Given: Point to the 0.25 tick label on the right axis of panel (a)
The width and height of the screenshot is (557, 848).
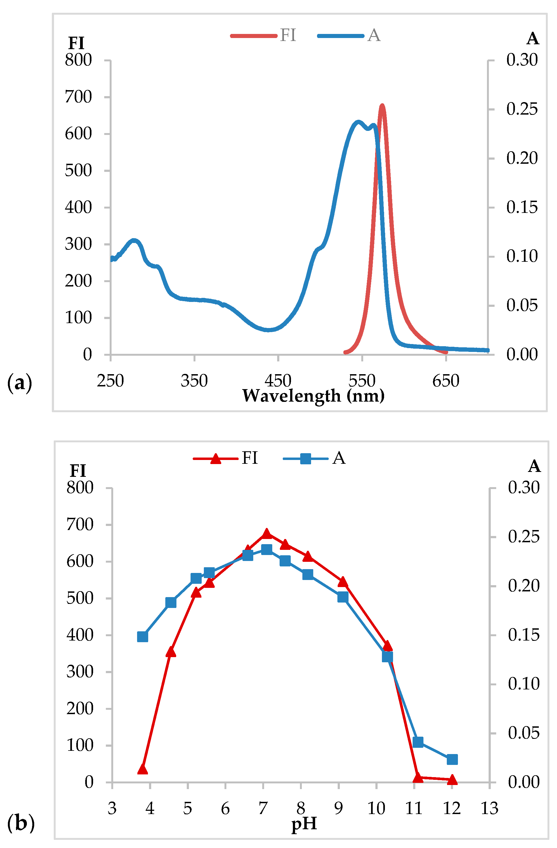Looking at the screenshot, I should [x=522, y=109].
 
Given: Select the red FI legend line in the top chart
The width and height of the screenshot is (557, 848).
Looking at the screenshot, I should [x=254, y=36].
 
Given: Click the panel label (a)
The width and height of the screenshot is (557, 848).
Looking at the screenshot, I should [x=20, y=383].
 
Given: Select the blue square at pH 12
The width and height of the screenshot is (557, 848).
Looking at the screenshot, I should [x=452, y=759].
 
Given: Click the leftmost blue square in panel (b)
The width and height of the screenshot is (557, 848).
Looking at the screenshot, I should [x=143, y=637].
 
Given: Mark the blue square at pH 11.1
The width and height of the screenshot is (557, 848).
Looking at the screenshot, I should [x=418, y=742].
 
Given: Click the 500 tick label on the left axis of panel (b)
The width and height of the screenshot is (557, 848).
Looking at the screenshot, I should [x=80, y=598].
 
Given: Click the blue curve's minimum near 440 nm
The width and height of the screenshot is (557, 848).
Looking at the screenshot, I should [x=268, y=330].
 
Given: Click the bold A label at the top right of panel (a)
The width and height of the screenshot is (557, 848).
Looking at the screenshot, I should [x=532, y=39].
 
